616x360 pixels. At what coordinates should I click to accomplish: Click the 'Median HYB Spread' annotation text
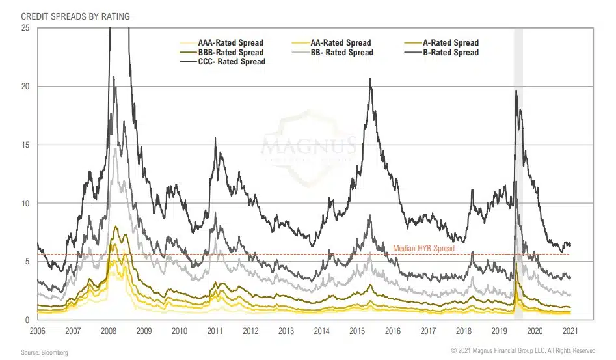pyautogui.click(x=423, y=249)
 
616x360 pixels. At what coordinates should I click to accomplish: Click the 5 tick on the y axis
pyautogui.click(x=27, y=262)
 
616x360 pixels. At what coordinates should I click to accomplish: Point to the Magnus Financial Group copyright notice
pyautogui.click(x=523, y=351)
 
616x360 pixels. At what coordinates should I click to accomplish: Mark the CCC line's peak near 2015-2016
pyautogui.click(x=370, y=79)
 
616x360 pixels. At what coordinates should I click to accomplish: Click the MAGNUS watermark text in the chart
pyautogui.click(x=308, y=144)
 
